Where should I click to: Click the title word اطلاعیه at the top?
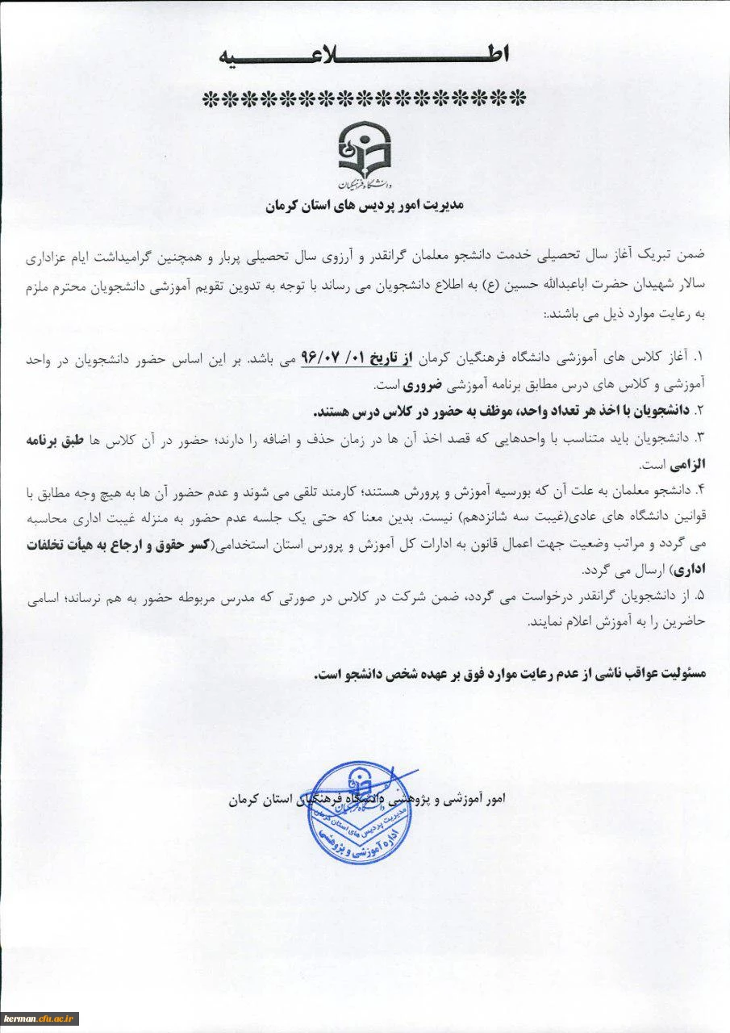(x=365, y=56)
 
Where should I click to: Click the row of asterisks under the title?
(x=364, y=99)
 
